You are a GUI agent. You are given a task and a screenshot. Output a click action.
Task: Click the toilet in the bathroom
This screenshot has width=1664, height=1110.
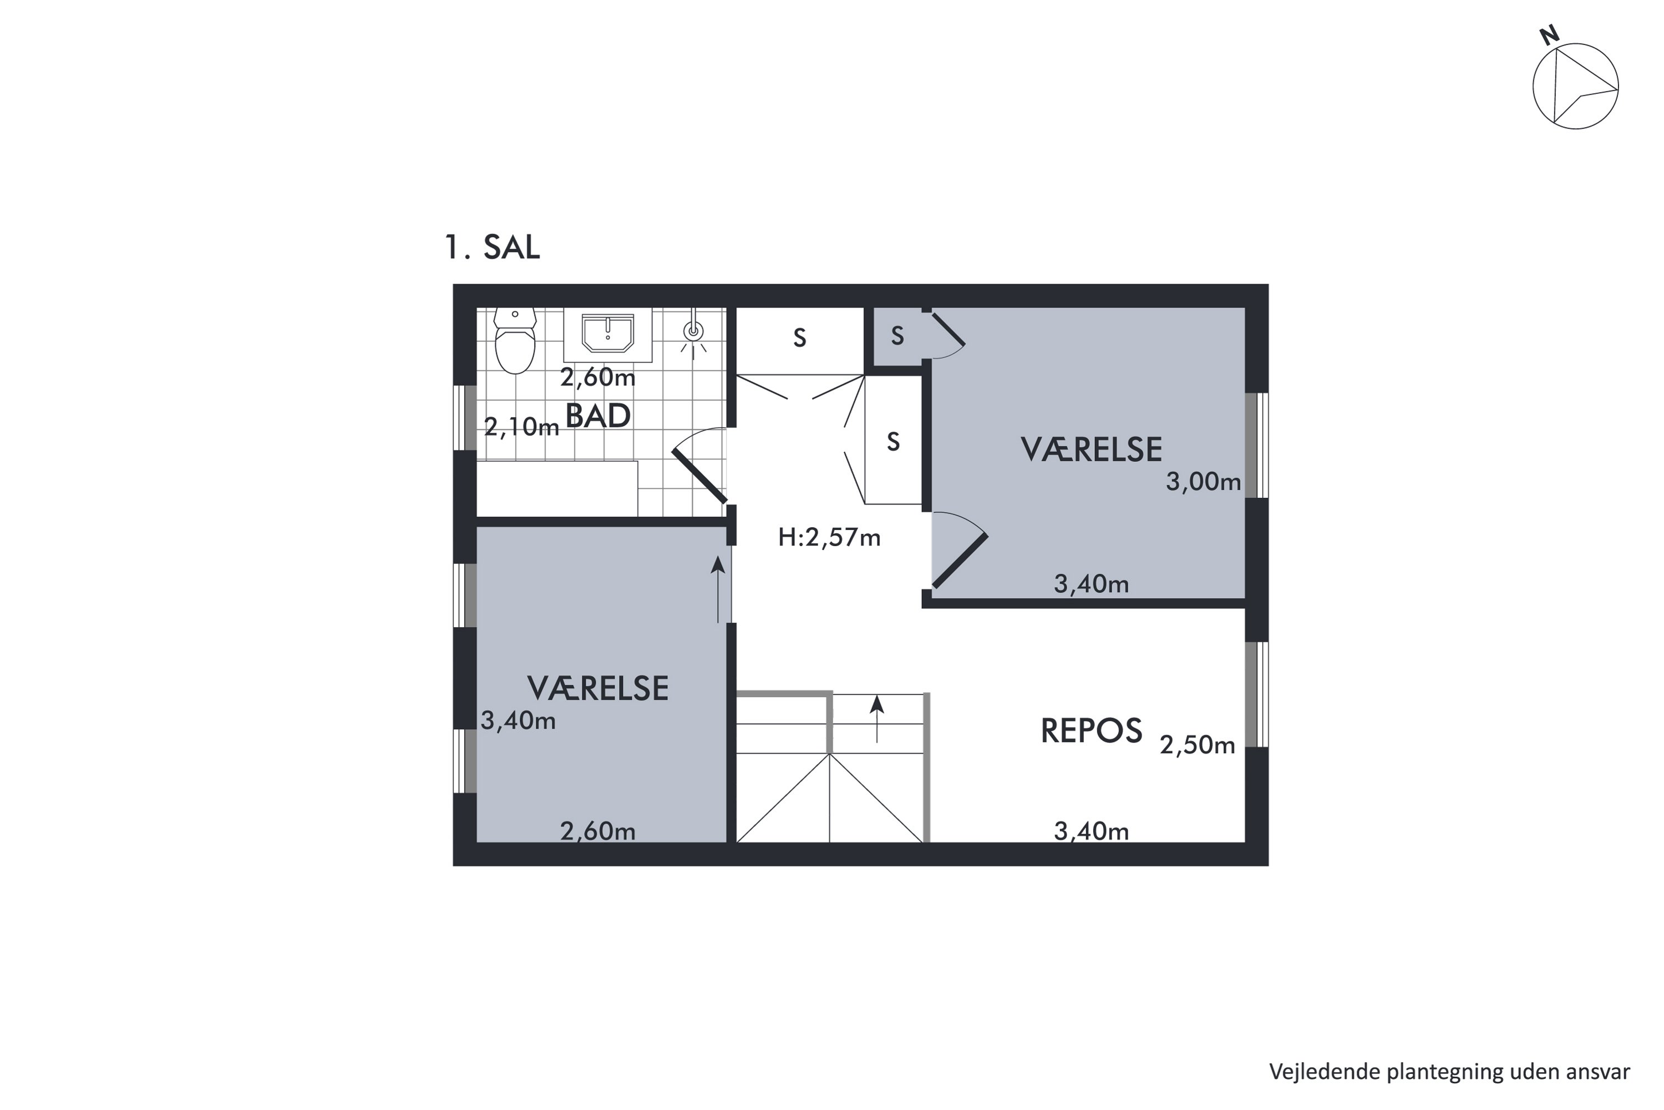tap(515, 341)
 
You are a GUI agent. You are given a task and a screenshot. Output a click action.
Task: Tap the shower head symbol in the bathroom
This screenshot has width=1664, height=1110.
tap(694, 331)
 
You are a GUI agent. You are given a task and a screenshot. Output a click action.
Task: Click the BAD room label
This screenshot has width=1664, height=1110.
tap(598, 416)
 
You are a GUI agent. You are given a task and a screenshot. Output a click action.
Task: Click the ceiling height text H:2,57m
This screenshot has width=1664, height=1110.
tap(829, 538)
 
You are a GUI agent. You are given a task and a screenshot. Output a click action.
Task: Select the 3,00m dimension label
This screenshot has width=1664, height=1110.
tap(1204, 482)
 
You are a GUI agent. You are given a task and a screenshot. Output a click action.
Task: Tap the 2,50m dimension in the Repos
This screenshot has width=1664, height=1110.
tap(1197, 745)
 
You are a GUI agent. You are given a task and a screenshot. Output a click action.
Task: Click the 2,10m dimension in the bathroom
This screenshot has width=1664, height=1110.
tap(521, 427)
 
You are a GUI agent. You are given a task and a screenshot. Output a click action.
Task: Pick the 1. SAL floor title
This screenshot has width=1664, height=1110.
tap(493, 247)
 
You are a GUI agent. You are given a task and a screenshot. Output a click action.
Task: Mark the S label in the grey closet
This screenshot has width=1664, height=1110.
tap(897, 336)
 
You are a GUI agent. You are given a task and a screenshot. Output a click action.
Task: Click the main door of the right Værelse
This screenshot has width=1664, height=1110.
tap(960, 561)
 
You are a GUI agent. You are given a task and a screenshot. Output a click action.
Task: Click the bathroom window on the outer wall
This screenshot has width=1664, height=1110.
tap(465, 418)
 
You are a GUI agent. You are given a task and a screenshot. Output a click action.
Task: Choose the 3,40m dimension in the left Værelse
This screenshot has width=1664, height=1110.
tap(518, 720)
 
